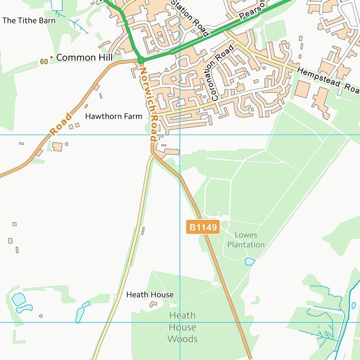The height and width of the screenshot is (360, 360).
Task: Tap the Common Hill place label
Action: pyautogui.click(x=84, y=58)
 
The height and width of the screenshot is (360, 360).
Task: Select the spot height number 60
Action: pyautogui.click(x=44, y=61)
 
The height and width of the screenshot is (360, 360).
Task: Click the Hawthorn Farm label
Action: pyautogui.click(x=113, y=116)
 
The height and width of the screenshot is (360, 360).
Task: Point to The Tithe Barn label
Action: pyautogui.click(x=29, y=21)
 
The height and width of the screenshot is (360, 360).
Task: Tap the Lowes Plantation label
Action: pyautogui.click(x=246, y=240)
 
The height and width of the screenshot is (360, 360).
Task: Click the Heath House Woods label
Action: pyautogui.click(x=182, y=327)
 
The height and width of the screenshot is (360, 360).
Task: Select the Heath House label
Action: pyautogui.click(x=150, y=294)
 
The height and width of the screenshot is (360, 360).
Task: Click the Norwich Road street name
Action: pyautogui.click(x=148, y=104)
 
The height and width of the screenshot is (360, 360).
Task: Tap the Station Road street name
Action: pyautogui.click(x=189, y=17)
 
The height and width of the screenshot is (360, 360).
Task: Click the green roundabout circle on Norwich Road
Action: pyautogui.click(x=141, y=60)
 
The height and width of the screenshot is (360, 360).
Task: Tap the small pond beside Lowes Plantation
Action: pyautogui.click(x=250, y=261)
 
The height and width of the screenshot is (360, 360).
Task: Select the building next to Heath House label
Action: pyautogui.click(x=153, y=305)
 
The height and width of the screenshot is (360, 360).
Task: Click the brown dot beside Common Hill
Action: pyautogui.click(x=52, y=58)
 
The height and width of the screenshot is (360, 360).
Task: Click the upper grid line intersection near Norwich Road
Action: pyautogui.click(x=180, y=135)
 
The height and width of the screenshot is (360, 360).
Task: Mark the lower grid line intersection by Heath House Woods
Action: pyautogui.click(x=180, y=322)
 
